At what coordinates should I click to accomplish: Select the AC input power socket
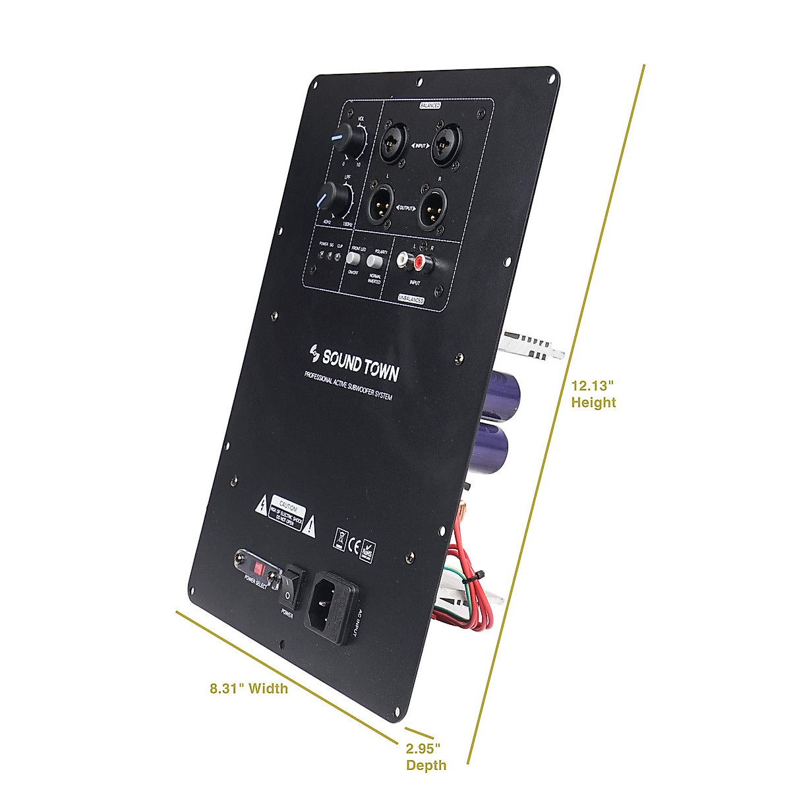(332, 604)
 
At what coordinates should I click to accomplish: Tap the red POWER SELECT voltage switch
(256, 566)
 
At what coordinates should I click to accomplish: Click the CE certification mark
(354, 546)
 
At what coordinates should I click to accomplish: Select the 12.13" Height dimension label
(593, 394)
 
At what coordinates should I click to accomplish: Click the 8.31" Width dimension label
(249, 689)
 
